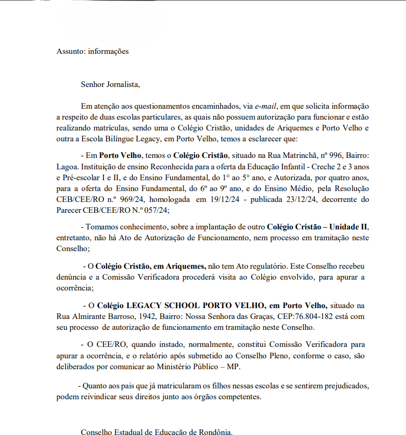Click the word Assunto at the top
(x=70, y=51)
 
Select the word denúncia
(x=71, y=277)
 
